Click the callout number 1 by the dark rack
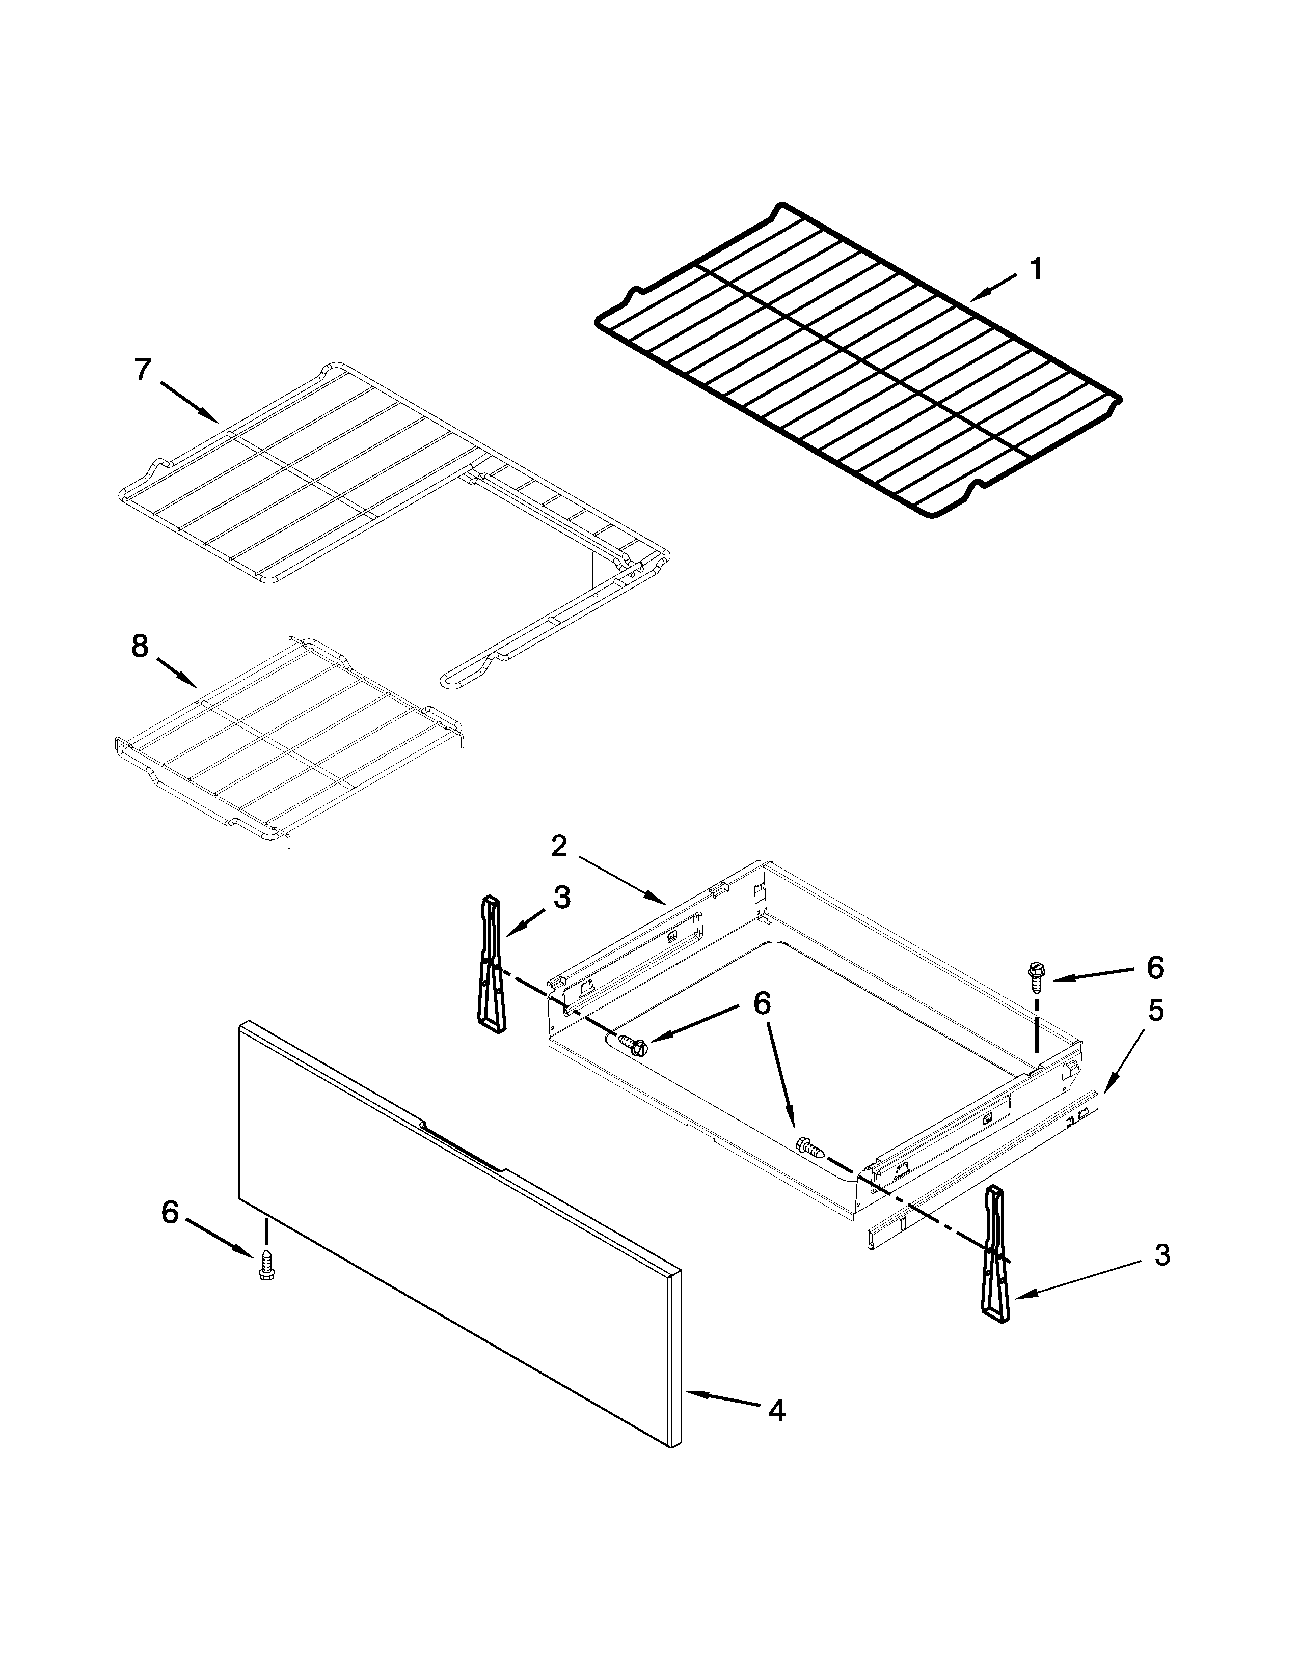[1037, 270]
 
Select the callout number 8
[139, 646]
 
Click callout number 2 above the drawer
[559, 846]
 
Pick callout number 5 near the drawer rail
[1156, 1011]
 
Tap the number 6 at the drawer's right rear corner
[1155, 968]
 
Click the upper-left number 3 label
[562, 897]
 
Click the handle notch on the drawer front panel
[462, 1147]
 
